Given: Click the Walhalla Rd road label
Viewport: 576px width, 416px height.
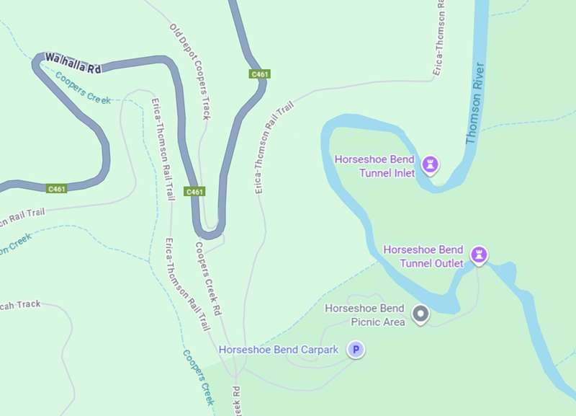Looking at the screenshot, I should pyautogui.click(x=73, y=62).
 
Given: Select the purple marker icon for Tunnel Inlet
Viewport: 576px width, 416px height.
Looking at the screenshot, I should pyautogui.click(x=431, y=165).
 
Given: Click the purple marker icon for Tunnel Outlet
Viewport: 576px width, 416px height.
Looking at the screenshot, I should pyautogui.click(x=479, y=255).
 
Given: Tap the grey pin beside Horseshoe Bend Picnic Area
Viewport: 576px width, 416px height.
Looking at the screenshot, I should pyautogui.click(x=420, y=314).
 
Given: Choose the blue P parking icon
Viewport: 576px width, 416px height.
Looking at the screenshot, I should pyautogui.click(x=356, y=350).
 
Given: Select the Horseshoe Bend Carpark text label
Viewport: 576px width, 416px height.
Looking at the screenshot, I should pyautogui.click(x=278, y=350).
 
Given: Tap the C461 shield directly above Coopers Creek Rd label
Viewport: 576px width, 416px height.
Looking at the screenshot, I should pyautogui.click(x=194, y=192).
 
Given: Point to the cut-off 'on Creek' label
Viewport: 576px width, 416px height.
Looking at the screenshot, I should pyautogui.click(x=16, y=244).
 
